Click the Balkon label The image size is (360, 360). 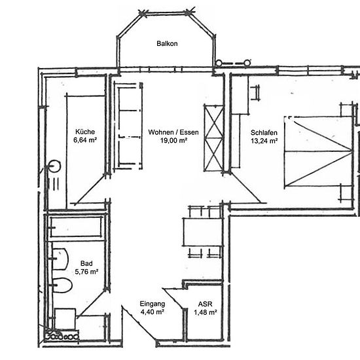click(x=167, y=43)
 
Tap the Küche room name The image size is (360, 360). click(x=85, y=132)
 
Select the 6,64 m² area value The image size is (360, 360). click(x=85, y=140)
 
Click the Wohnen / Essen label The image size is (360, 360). click(x=173, y=132)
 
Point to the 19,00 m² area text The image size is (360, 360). click(x=173, y=140)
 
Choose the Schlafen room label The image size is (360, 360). click(x=264, y=132)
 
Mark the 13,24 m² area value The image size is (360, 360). click(x=264, y=141)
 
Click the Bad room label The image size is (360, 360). click(x=86, y=263)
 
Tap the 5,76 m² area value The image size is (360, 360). click(x=86, y=272)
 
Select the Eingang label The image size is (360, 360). click(x=153, y=304)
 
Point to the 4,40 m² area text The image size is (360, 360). click(x=153, y=312)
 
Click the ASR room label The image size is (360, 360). click(x=206, y=304)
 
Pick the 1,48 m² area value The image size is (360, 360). click(x=206, y=312)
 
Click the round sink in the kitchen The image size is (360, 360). click(x=55, y=166)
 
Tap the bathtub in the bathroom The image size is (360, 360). click(x=76, y=227)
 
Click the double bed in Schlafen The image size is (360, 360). click(x=318, y=152)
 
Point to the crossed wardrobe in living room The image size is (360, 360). click(x=213, y=138)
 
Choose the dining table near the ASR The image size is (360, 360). click(x=202, y=232)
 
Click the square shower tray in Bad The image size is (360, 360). click(x=65, y=319)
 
